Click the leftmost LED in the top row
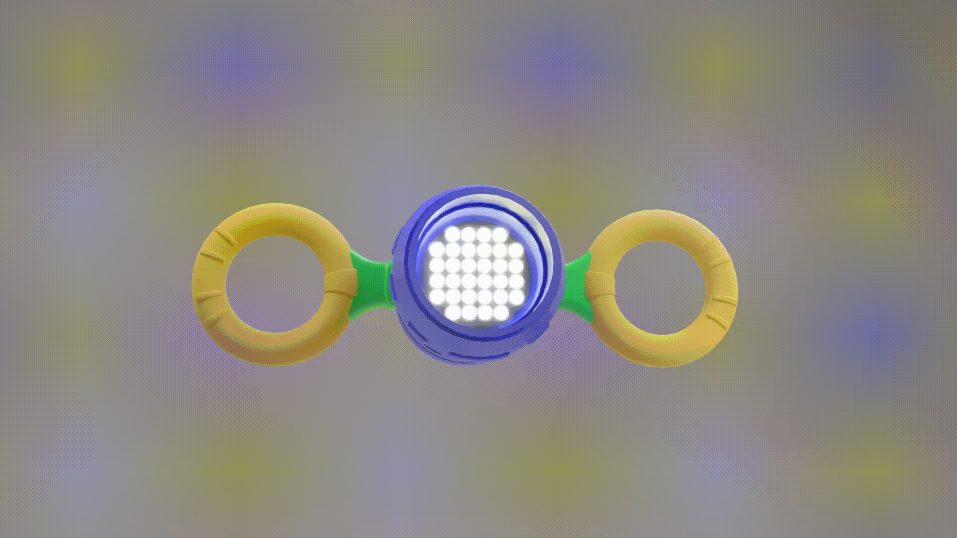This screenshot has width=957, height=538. click(453, 234)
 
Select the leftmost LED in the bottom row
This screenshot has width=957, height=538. click(453, 313)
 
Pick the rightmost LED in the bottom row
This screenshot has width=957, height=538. click(500, 313)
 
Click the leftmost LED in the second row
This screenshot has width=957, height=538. click(437, 250)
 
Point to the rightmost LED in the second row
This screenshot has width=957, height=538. click(516, 250)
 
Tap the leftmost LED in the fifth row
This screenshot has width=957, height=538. click(437, 297)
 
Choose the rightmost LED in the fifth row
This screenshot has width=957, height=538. click(516, 297)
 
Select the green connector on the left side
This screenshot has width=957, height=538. click(371, 284)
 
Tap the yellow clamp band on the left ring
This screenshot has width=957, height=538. click(340, 282)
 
